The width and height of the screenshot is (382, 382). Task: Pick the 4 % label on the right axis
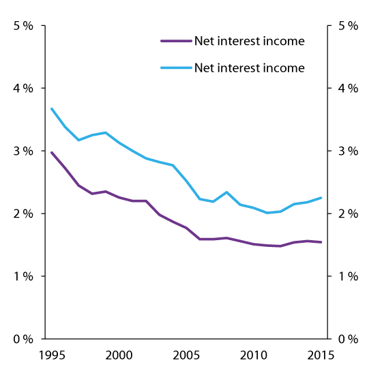point(349,88)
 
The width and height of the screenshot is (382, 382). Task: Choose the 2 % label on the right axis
point(349,214)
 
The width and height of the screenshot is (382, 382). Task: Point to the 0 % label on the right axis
point(349,339)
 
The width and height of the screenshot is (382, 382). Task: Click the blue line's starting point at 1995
point(52,108)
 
